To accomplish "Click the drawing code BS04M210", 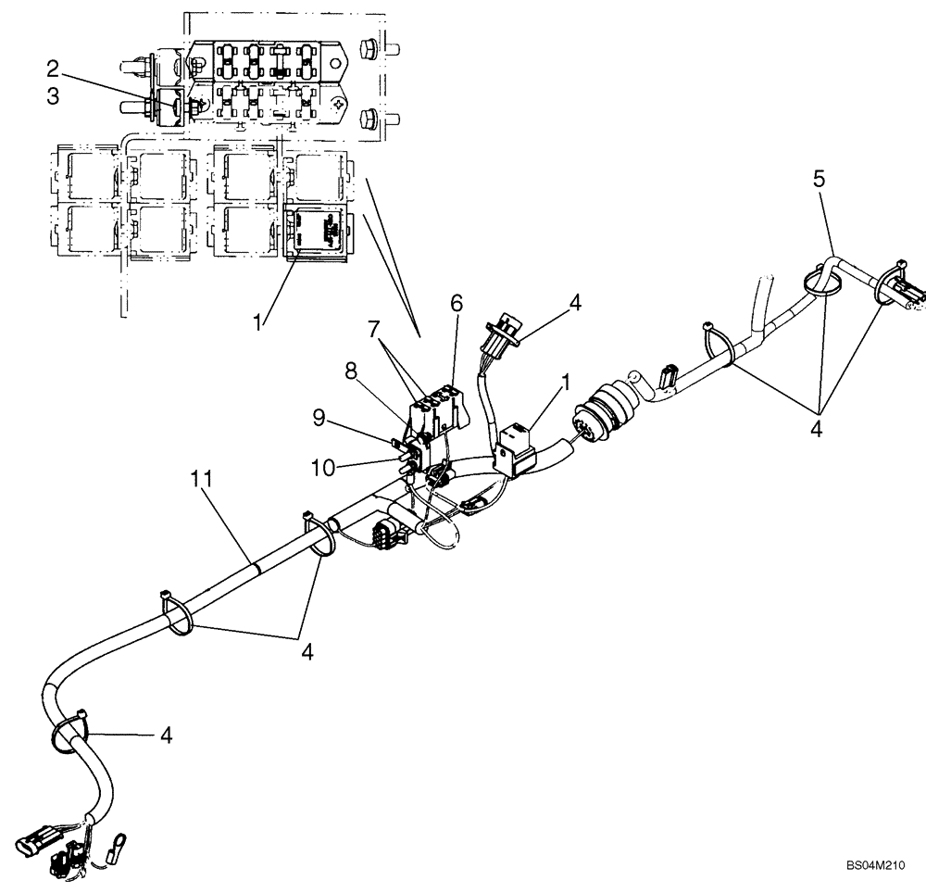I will pos(874,865).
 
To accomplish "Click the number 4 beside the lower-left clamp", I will pos(165,736).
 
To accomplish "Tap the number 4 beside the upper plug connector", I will pos(575,304).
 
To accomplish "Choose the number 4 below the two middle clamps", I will pos(307,652).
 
